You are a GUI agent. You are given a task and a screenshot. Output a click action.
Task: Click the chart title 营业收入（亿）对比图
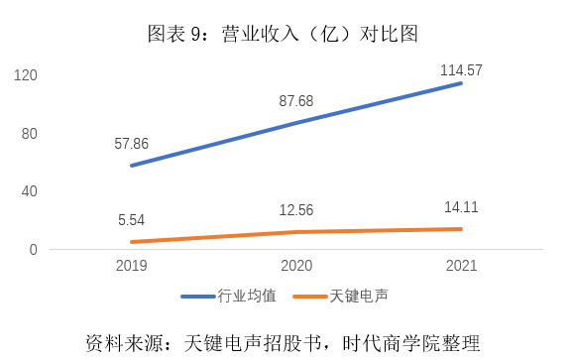pos(284,33)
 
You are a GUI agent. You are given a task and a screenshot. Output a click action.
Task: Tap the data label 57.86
pos(131,144)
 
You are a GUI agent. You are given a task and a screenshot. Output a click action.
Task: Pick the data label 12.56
pos(296,211)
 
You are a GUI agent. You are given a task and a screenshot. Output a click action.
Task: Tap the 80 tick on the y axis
pos(29,134)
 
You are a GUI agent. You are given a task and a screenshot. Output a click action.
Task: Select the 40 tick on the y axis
pos(29,191)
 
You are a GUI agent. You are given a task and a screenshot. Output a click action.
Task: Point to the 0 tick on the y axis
pos(33,250)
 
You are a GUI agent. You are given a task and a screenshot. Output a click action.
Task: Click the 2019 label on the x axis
pos(131,267)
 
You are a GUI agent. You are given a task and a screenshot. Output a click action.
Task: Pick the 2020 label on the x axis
pos(296,267)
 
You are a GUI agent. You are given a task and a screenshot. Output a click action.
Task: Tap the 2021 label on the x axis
pos(461,267)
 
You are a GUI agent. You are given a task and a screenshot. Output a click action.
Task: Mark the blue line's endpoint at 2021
pos(461,83)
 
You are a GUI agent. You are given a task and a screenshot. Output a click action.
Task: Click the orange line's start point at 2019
pos(131,242)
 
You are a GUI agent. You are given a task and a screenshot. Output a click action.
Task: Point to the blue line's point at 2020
pos(296,122)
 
